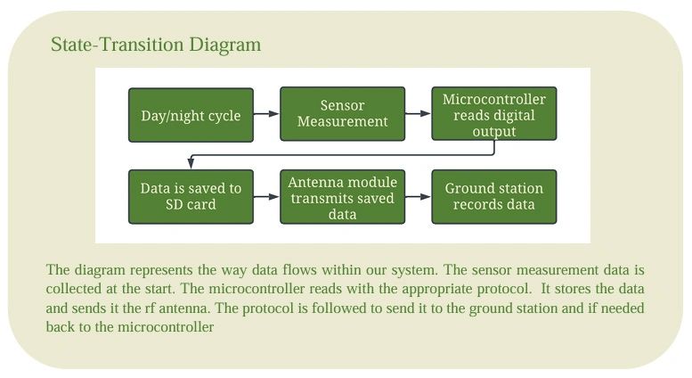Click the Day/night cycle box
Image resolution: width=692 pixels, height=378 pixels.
(191, 115)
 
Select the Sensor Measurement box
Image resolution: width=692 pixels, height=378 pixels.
(342, 114)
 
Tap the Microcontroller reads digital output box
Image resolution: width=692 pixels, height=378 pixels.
(493, 114)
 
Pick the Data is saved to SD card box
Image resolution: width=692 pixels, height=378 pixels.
(191, 197)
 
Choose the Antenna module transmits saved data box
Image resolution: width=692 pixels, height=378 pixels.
(342, 197)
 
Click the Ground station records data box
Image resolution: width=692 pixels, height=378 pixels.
(493, 197)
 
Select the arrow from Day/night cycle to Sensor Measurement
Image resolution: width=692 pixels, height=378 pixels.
(266, 114)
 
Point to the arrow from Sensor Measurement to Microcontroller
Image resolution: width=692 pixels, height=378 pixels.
(418, 114)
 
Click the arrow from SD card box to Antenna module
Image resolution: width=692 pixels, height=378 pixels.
(266, 197)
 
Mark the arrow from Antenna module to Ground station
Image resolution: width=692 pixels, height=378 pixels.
(418, 197)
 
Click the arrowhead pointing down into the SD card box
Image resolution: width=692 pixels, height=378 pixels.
(191, 164)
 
